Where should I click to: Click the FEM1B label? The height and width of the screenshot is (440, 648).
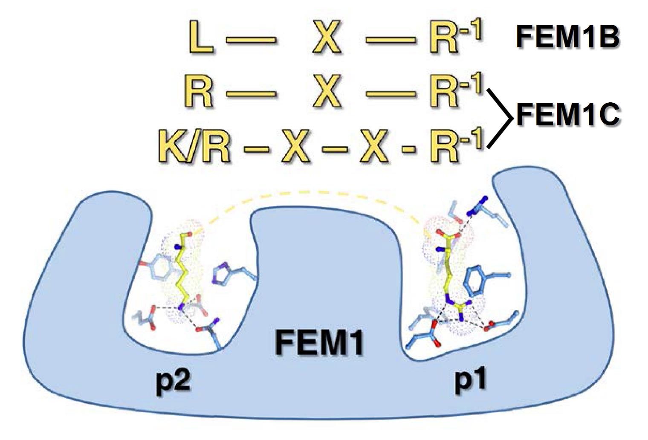(x=567, y=37)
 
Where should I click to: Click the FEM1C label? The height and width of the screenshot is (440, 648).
(x=567, y=114)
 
